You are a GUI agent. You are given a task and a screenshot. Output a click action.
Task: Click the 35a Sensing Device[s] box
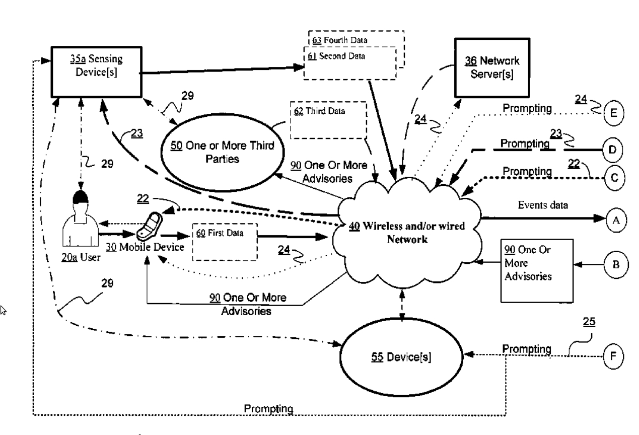tap(95, 71)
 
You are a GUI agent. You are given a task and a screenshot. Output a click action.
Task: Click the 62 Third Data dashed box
tap(328, 121)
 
